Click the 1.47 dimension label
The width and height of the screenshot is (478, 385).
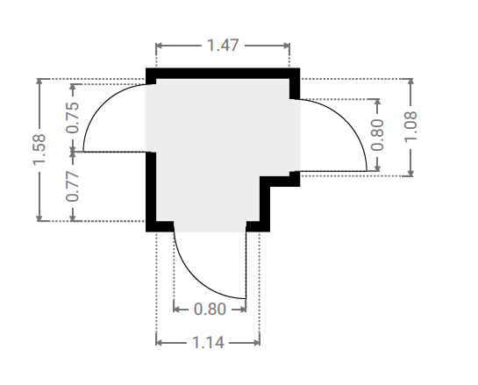coord(223,46)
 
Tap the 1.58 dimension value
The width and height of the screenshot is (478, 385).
coord(39,150)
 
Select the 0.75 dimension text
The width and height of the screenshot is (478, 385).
coord(73,118)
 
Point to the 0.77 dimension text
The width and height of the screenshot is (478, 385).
coord(73,186)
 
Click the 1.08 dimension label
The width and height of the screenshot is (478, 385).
coord(410,126)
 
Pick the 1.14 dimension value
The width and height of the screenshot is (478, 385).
coord(209,343)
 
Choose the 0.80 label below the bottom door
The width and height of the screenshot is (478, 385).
coord(210,309)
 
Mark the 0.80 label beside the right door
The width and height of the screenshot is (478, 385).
coord(377,135)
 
